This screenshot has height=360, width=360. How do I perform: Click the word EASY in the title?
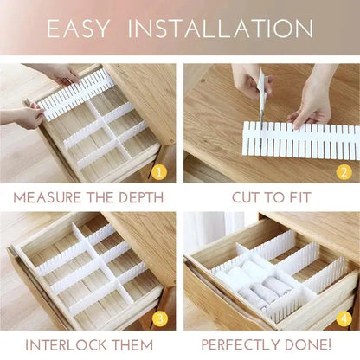tap(78, 29)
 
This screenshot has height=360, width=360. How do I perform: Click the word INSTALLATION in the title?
tap(220, 29)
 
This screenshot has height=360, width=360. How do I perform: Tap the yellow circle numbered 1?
tap(158, 171)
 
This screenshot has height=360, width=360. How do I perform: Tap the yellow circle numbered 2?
tap(344, 171)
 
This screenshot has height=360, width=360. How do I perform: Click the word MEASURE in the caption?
tap(48, 197)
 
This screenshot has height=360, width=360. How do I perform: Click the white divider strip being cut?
tap(303, 140)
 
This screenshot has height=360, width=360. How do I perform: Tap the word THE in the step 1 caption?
tap(99, 197)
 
